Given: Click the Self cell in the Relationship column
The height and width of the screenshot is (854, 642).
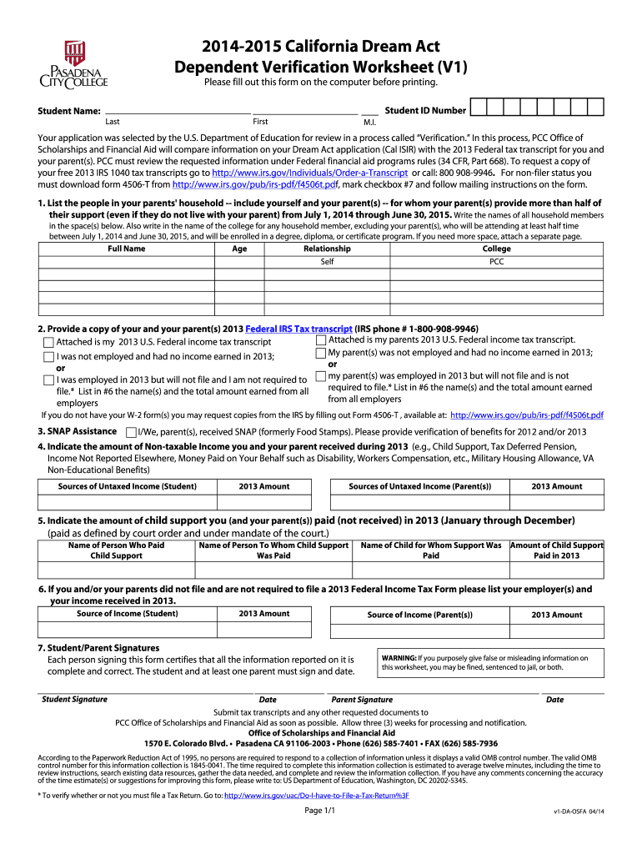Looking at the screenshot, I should (327, 262).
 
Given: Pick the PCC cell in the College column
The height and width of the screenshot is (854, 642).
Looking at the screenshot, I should (496, 262).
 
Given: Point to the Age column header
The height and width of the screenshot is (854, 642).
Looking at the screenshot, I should (239, 249).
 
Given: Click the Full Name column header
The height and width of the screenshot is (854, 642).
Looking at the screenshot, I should (127, 249).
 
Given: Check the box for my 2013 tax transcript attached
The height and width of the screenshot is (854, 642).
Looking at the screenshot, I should (49, 343).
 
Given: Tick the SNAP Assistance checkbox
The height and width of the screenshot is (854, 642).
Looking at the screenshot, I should (131, 433).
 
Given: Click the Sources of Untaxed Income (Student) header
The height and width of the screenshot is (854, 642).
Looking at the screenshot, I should (128, 486).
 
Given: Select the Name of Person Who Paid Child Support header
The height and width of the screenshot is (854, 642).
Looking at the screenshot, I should (116, 550).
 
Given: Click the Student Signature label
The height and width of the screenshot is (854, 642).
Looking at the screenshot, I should (74, 700).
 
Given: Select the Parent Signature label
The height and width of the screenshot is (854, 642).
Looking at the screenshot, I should (362, 700).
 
